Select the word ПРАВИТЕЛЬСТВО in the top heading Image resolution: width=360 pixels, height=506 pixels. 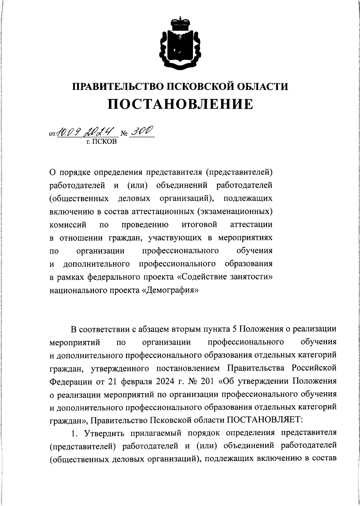tap(117, 86)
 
